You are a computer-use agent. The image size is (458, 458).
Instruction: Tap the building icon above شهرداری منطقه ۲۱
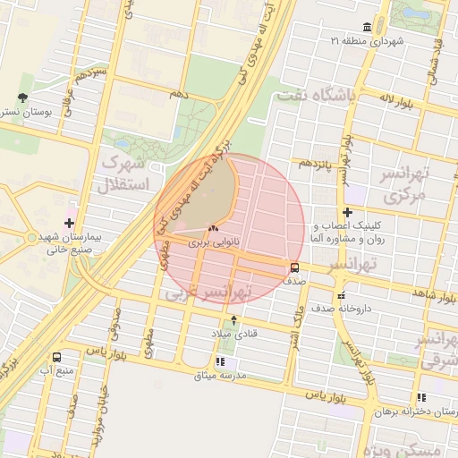368,27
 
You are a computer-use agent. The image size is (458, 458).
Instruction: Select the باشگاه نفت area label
316,94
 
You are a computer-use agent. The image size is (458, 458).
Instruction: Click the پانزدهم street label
317,164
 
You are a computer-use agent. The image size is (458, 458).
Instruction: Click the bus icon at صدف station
294,267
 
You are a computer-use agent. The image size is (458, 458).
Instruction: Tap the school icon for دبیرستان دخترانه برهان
421,397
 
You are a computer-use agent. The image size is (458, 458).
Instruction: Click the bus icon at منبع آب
58,356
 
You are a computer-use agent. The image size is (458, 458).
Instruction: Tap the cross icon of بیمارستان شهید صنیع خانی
70,221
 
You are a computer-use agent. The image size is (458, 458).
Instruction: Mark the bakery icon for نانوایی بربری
212,229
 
